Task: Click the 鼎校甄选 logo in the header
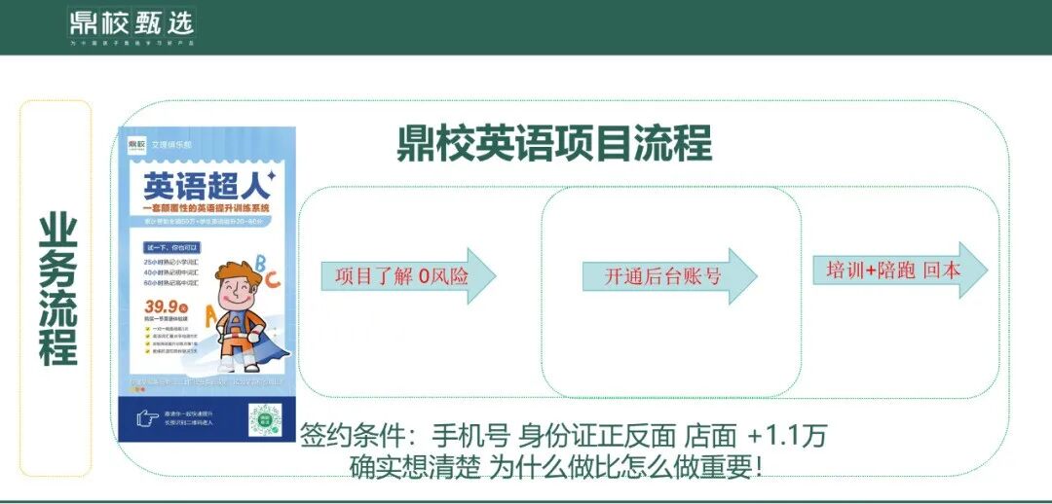point(131,23)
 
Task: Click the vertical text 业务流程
point(57,289)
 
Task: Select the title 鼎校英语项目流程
point(554,144)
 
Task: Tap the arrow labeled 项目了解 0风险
point(408,275)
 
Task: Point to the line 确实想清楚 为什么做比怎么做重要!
point(555,466)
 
